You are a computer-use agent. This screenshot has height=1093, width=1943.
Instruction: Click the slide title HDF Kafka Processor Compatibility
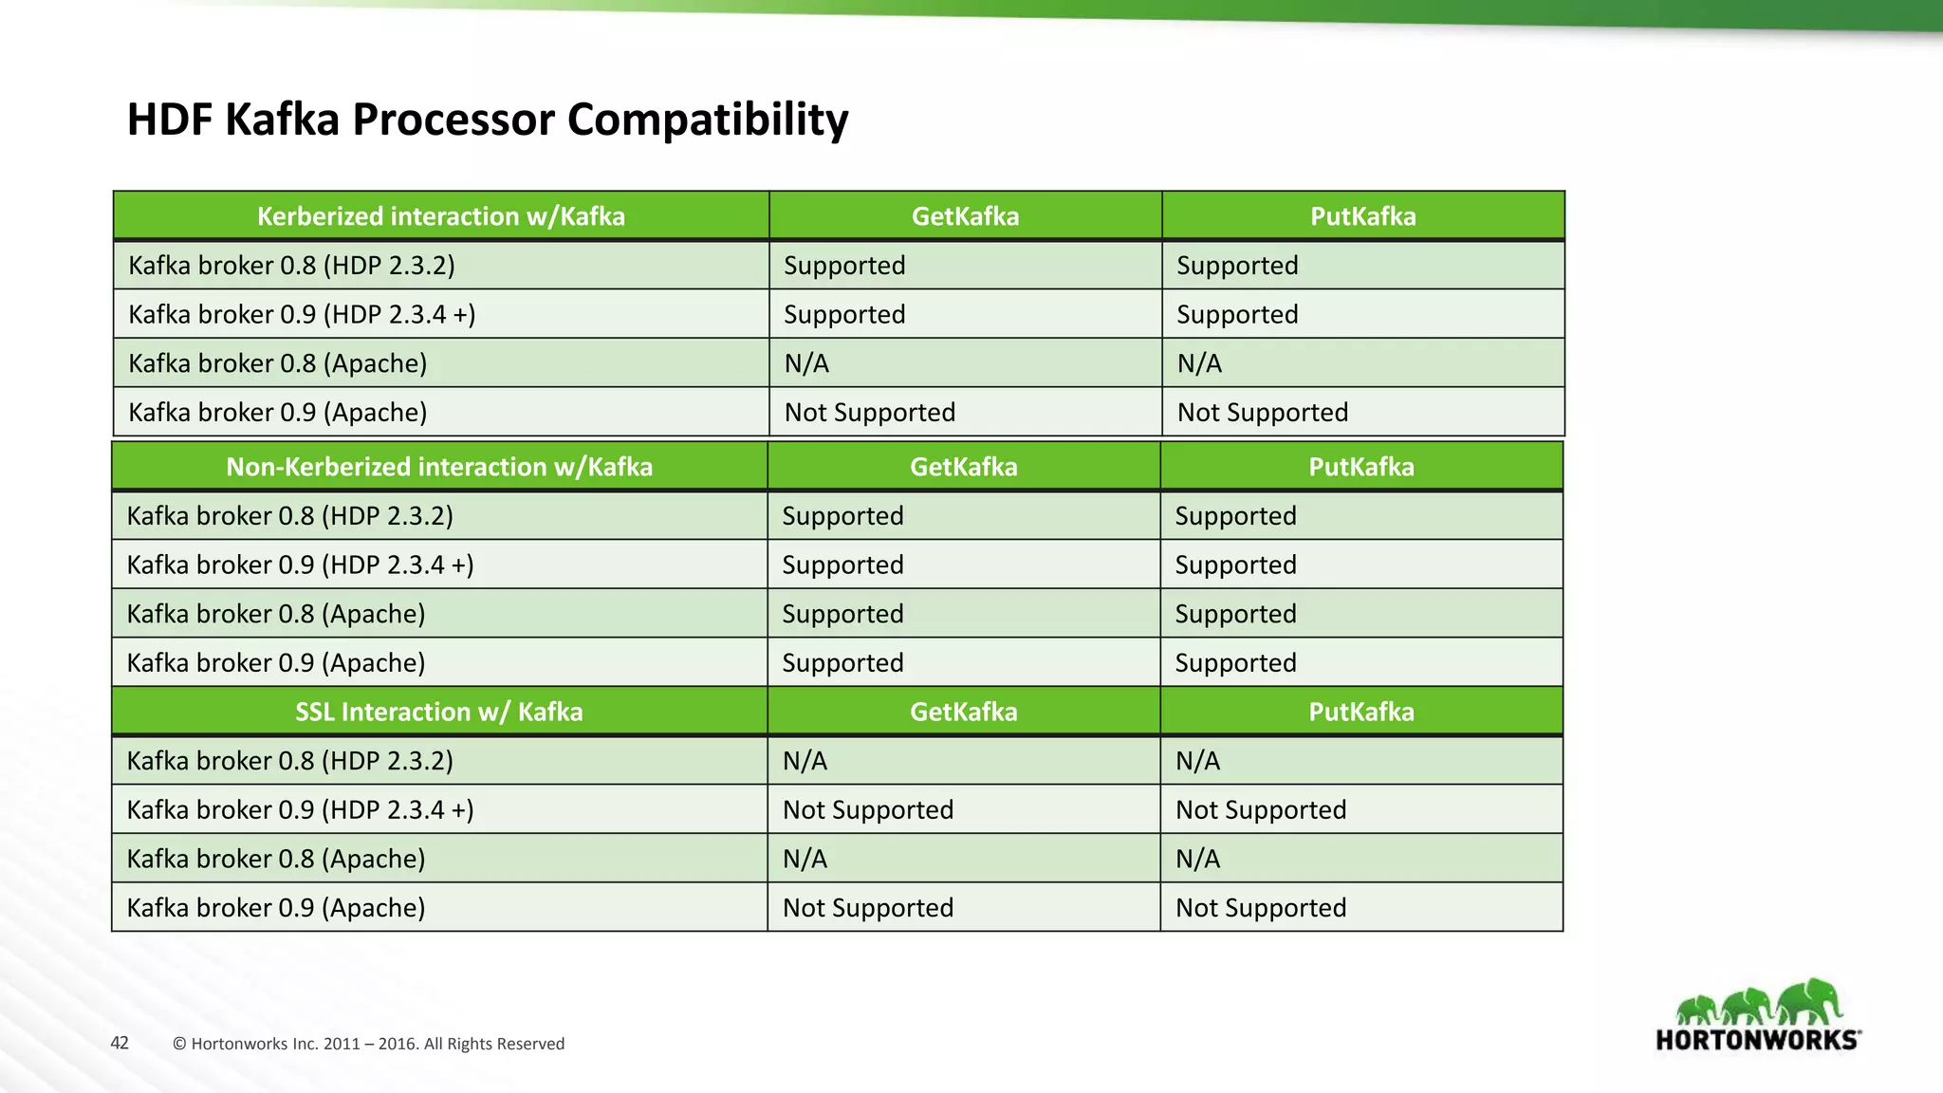pyautogui.click(x=488, y=120)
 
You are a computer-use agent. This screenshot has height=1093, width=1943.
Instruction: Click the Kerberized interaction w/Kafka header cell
pyautogui.click(x=441, y=216)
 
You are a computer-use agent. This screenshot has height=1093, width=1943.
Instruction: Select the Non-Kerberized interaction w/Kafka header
pyautogui.click(x=439, y=467)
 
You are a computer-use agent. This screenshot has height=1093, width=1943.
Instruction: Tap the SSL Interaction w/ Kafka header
pyautogui.click(x=439, y=712)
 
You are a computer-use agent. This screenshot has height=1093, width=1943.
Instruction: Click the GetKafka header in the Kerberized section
pyautogui.click(x=965, y=216)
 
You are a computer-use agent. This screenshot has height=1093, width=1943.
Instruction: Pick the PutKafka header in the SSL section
pyautogui.click(x=1361, y=712)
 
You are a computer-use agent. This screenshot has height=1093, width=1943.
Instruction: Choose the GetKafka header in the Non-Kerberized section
pyautogui.click(x=963, y=467)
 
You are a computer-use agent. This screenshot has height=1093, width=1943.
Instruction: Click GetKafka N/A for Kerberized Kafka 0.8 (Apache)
pyautogui.click(x=806, y=363)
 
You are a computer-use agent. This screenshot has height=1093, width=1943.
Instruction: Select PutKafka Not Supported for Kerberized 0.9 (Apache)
pyautogui.click(x=1262, y=413)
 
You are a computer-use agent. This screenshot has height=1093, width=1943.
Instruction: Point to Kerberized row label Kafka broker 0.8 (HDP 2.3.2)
pyautogui.click(x=291, y=266)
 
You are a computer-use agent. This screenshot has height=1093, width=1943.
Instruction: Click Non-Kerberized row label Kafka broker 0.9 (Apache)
pyautogui.click(x=275, y=663)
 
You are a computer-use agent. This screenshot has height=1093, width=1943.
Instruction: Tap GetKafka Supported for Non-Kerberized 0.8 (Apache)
pyautogui.click(x=842, y=614)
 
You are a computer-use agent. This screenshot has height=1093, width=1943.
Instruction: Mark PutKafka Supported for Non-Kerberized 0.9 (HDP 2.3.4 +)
pyautogui.click(x=1235, y=565)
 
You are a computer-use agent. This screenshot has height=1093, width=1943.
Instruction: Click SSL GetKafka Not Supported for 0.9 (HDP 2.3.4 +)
pyautogui.click(x=867, y=810)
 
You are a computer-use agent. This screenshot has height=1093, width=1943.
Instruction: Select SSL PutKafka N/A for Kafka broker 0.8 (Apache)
pyautogui.click(x=1197, y=860)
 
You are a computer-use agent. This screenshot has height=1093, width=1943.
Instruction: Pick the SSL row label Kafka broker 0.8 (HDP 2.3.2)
pyautogui.click(x=289, y=761)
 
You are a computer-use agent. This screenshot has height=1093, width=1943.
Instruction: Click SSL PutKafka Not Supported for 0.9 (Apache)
pyautogui.click(x=1260, y=908)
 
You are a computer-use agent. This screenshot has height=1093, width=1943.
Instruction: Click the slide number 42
pyautogui.click(x=120, y=1043)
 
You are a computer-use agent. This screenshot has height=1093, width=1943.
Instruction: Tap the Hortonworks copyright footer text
pyautogui.click(x=368, y=1044)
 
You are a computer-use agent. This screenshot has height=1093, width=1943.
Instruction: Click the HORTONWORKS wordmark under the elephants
pyautogui.click(x=1757, y=1039)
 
